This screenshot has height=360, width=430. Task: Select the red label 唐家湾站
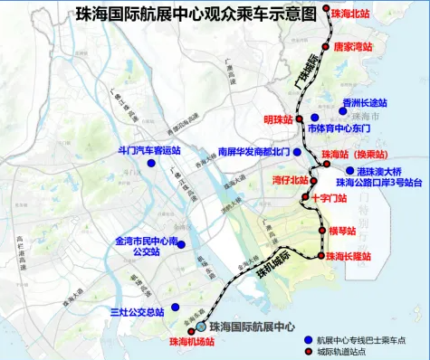[354, 46]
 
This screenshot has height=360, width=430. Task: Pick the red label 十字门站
[330, 196]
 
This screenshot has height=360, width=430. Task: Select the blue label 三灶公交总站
[136, 312]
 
